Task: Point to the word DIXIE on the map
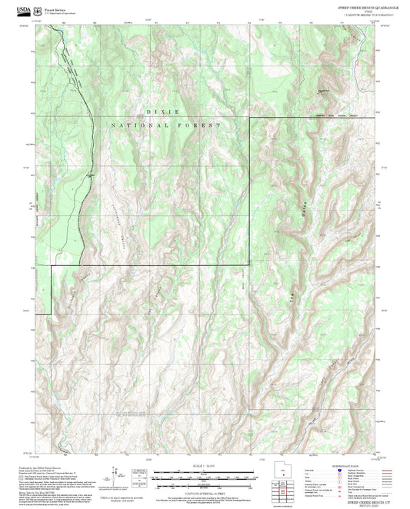(165, 111)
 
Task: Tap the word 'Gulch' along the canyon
(302, 205)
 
